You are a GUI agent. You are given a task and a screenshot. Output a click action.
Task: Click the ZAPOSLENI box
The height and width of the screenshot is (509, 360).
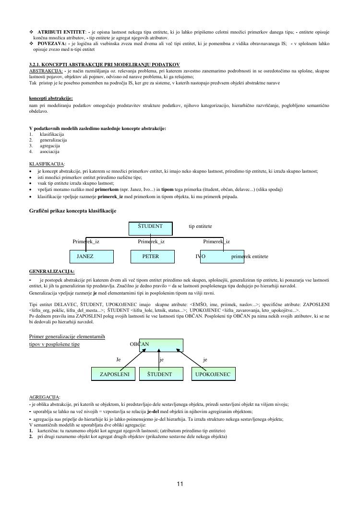click(x=114, y=374)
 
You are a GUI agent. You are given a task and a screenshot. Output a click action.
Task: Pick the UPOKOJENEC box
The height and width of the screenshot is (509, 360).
click(x=213, y=374)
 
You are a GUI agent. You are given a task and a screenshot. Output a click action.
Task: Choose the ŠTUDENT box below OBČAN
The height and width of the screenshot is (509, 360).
click(x=159, y=374)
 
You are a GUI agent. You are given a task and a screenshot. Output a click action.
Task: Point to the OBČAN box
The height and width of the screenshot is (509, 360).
click(x=161, y=345)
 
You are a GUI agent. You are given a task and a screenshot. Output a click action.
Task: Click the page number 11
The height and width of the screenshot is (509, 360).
click(x=180, y=484)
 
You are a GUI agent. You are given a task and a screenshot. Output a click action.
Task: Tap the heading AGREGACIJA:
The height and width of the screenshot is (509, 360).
click(x=45, y=397)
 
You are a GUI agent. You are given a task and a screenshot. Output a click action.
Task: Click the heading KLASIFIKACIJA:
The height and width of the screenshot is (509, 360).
click(x=47, y=164)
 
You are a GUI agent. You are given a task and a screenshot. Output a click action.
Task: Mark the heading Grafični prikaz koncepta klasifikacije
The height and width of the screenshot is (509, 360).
click(x=72, y=211)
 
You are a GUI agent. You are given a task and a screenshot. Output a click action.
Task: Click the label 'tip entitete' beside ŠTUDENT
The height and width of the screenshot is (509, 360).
click(x=200, y=226)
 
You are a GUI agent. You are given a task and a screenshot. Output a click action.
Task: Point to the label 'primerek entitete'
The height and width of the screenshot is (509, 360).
click(x=250, y=257)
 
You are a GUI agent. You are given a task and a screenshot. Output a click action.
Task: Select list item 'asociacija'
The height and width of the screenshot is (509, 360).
click(x=49, y=152)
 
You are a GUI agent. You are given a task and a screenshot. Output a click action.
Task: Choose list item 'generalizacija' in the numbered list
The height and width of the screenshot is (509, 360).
click(x=53, y=140)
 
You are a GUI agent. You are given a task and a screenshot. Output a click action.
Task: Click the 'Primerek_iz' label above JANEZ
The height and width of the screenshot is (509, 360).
click(x=86, y=242)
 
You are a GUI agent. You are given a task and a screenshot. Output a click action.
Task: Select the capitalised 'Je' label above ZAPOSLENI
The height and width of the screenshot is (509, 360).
click(x=119, y=359)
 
